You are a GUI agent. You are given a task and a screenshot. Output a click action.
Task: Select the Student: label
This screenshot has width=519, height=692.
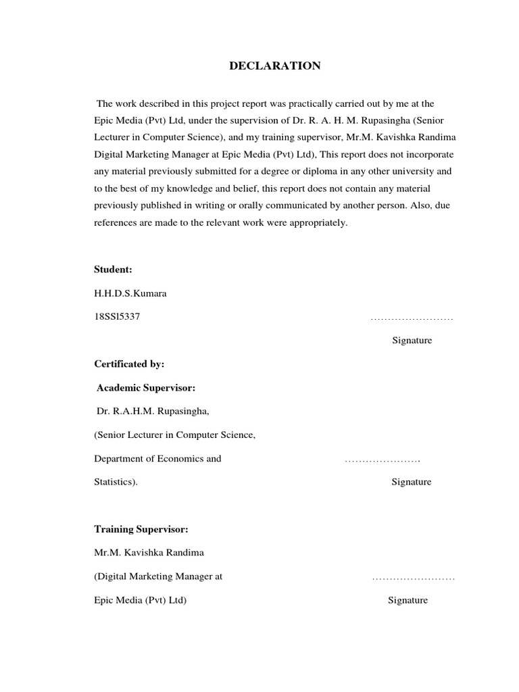click(x=113, y=270)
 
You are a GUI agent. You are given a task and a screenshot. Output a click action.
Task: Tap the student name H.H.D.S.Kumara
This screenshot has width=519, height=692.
click(x=130, y=293)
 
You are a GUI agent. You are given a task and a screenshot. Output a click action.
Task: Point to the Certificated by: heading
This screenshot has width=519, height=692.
click(x=129, y=364)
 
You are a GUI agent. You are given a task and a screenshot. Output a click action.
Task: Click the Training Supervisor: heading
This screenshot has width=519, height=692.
click(x=137, y=528)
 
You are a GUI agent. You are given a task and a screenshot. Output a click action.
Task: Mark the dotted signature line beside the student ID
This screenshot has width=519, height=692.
click(x=412, y=318)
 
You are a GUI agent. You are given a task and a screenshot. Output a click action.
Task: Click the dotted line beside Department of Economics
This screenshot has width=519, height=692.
click(x=382, y=460)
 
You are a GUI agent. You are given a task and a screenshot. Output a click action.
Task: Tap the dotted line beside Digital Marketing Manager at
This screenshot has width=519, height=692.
click(x=413, y=577)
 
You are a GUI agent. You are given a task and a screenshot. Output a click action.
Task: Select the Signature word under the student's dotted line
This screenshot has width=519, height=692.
click(x=412, y=341)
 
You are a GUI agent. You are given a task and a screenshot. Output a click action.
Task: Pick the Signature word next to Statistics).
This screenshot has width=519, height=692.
click(x=411, y=483)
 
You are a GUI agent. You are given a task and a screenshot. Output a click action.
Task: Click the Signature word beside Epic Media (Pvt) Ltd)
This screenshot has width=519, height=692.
click(x=407, y=600)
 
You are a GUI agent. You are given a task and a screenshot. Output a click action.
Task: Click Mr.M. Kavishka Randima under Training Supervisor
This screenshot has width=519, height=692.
click(x=149, y=553)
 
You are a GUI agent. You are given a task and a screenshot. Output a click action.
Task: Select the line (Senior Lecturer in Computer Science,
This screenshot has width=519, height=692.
click(x=174, y=435)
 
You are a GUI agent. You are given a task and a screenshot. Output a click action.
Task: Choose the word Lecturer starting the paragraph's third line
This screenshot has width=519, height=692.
click(x=112, y=138)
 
